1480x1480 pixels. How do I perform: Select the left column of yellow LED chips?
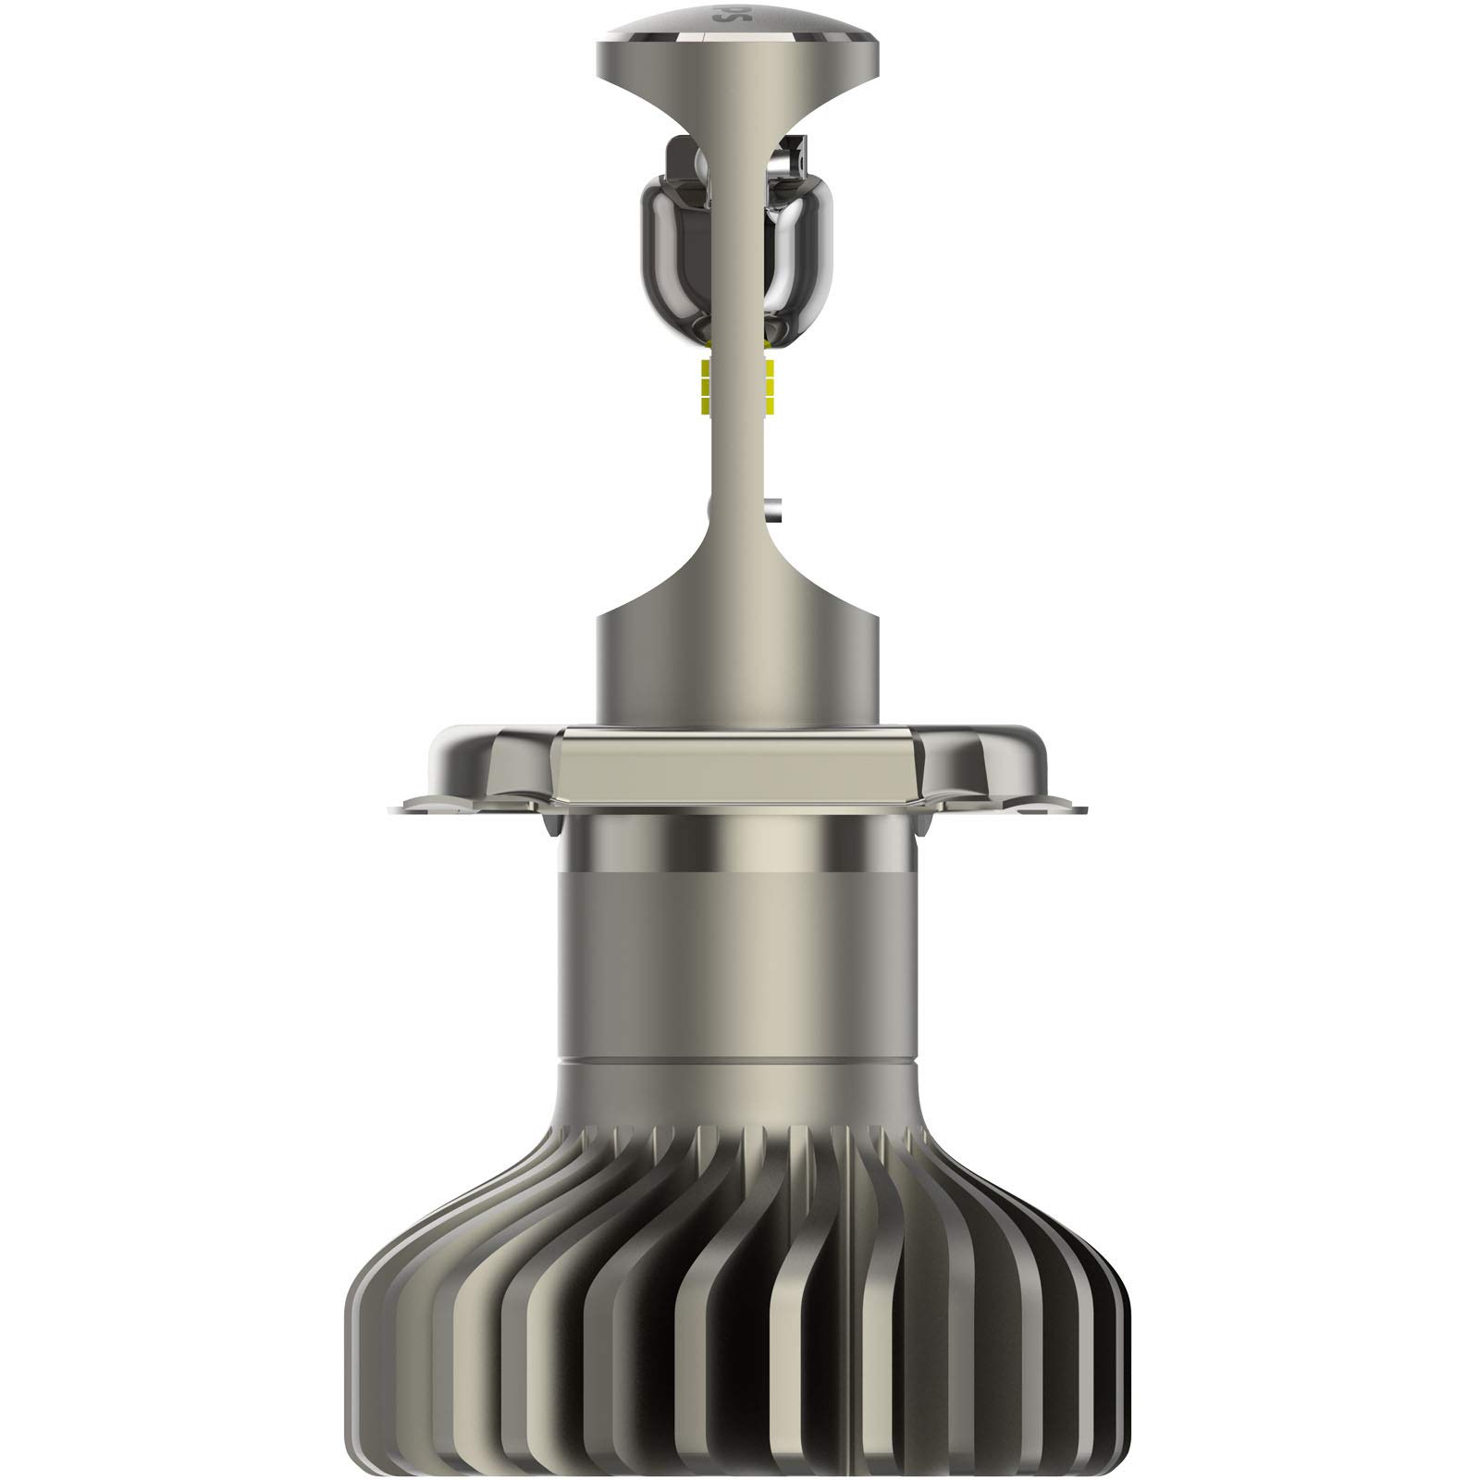point(707,388)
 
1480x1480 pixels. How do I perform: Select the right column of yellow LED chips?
point(770,388)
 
